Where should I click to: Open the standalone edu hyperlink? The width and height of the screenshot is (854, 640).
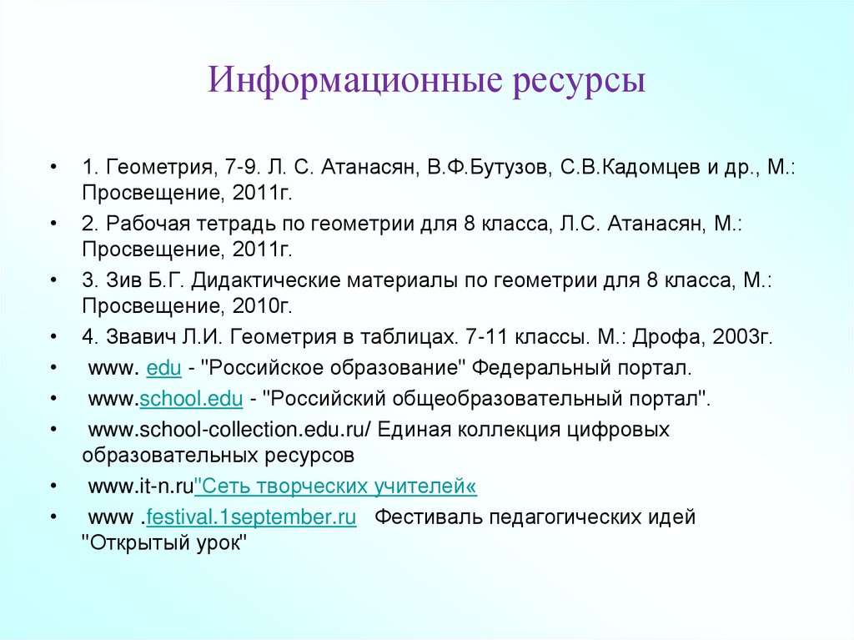(x=163, y=368)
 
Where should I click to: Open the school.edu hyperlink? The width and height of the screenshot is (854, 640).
(x=190, y=400)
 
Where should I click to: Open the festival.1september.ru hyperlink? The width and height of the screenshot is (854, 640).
(x=251, y=517)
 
